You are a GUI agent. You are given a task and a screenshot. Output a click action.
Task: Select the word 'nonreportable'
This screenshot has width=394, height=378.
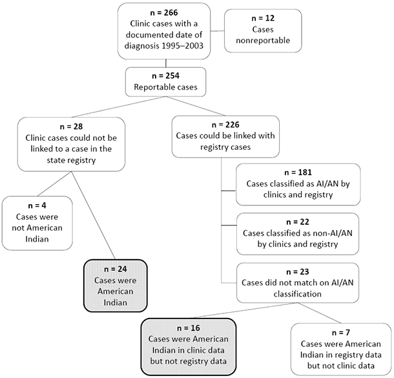click(x=262, y=41)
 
